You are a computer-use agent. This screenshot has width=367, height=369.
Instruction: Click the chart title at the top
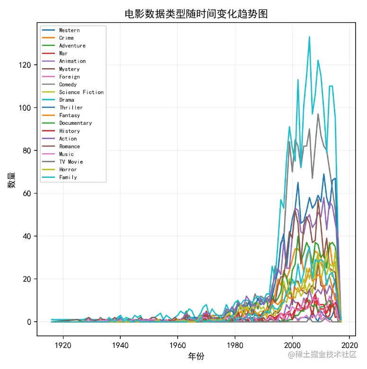click(196, 14)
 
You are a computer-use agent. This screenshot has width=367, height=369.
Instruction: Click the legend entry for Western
click(69, 30)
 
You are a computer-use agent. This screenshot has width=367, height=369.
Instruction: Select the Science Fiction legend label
click(81, 92)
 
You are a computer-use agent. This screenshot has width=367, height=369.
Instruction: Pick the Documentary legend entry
click(75, 123)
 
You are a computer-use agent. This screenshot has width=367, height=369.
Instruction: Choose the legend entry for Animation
click(72, 61)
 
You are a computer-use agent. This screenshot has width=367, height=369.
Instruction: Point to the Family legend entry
click(68, 177)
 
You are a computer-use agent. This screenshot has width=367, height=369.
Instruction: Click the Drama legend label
click(66, 100)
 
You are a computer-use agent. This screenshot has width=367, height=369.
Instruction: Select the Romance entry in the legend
click(69, 146)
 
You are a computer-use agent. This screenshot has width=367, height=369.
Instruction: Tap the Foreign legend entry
click(69, 77)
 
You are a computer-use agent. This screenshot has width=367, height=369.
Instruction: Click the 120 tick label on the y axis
click(26, 65)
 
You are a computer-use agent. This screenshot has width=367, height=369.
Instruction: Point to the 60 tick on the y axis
click(27, 193)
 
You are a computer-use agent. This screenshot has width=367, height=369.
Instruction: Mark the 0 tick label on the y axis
click(29, 322)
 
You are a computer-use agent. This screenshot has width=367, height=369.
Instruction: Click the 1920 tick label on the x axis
click(63, 345)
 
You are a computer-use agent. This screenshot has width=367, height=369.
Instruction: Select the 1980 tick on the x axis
click(235, 345)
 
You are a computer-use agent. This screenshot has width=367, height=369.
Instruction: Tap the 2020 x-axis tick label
click(349, 345)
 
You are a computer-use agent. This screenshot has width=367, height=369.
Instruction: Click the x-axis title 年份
click(196, 356)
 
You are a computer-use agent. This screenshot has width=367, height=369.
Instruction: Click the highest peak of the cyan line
click(309, 37)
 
